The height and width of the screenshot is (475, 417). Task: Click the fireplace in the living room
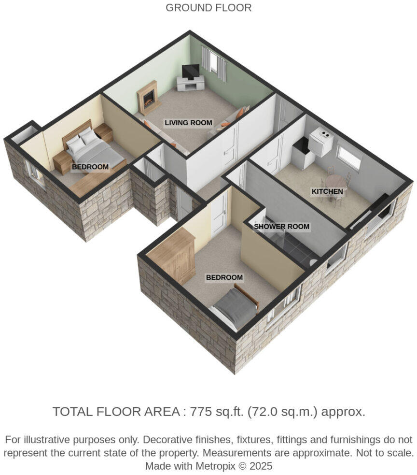point(148,98)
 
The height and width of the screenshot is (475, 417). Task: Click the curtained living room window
point(213,61)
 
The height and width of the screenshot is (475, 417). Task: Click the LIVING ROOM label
point(188,123)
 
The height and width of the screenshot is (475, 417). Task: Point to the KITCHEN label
point(327,191)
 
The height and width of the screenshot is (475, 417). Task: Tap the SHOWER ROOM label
point(281,226)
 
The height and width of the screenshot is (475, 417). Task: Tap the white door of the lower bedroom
point(220,215)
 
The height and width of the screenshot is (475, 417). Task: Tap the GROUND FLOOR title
point(208,8)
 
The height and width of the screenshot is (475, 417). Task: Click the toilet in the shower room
point(313,262)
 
